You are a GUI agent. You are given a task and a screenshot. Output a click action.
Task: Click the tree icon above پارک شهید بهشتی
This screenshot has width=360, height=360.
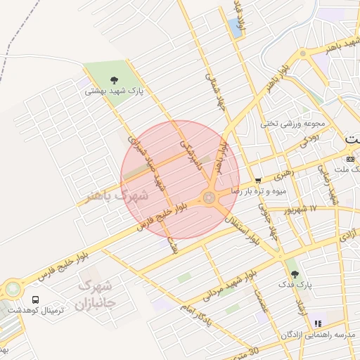coord(115,79)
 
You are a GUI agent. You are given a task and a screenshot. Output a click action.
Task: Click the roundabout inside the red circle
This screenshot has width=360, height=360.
coord(210,198)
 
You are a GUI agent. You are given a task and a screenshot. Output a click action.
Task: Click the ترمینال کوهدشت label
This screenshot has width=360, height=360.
coord(35,309)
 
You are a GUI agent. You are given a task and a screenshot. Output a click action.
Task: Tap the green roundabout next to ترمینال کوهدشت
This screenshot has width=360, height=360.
coord(13,288)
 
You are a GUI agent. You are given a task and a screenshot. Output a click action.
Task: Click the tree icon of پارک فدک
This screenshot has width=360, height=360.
coord(295,274)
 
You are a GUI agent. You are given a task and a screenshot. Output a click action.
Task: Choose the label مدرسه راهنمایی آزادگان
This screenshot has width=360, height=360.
coord(314,334)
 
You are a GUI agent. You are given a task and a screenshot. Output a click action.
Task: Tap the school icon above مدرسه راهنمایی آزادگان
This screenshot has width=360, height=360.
coord(317,323)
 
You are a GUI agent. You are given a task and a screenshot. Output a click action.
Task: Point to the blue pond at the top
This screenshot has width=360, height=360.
coord(234,28)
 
